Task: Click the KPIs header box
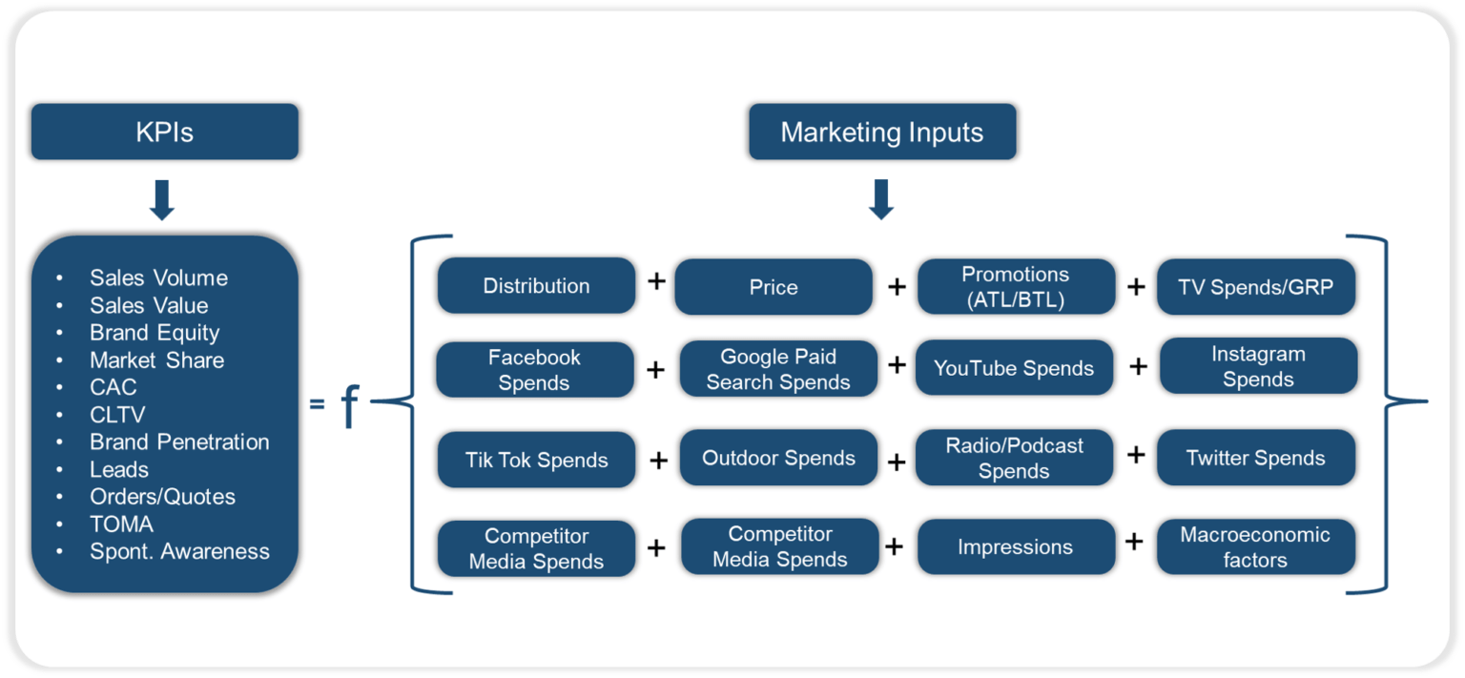pyautogui.click(x=164, y=132)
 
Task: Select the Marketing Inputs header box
pyautogui.click(x=881, y=132)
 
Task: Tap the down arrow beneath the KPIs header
pyautogui.click(x=162, y=200)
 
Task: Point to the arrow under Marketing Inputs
pyautogui.click(x=881, y=199)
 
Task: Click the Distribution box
pyautogui.click(x=536, y=286)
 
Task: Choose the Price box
pyautogui.click(x=773, y=287)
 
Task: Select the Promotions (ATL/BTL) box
pyautogui.click(x=1015, y=287)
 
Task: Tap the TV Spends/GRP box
pyautogui.click(x=1255, y=287)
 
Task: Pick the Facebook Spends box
pyautogui.click(x=534, y=370)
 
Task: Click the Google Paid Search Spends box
pyautogui.click(x=778, y=369)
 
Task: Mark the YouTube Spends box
pyautogui.click(x=1014, y=368)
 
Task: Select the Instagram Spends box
pyautogui.click(x=1258, y=366)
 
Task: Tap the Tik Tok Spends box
pyautogui.click(x=536, y=460)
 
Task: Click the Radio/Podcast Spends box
pyautogui.click(x=1014, y=458)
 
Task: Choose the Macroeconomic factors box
pyautogui.click(x=1255, y=547)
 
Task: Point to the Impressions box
pyautogui.click(x=1015, y=547)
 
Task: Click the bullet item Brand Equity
pyautogui.click(x=155, y=333)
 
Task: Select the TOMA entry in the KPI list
pyautogui.click(x=121, y=524)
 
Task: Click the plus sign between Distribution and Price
pyautogui.click(x=656, y=282)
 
